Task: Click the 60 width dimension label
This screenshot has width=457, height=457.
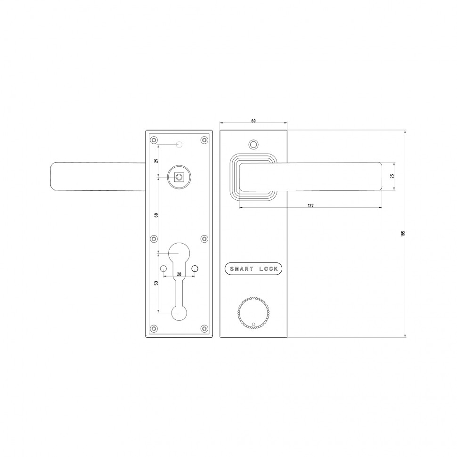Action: (253, 121)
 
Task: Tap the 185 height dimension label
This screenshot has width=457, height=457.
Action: (403, 234)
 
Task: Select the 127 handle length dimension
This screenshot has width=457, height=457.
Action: (310, 206)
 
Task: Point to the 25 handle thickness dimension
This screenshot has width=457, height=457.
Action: (392, 176)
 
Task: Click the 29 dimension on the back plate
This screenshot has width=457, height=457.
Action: (156, 161)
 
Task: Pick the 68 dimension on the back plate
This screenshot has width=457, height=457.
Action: (156, 215)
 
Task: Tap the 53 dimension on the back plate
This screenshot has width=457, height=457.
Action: (156, 283)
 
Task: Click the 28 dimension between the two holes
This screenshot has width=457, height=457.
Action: (179, 274)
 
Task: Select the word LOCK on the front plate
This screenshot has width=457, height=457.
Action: (269, 269)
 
